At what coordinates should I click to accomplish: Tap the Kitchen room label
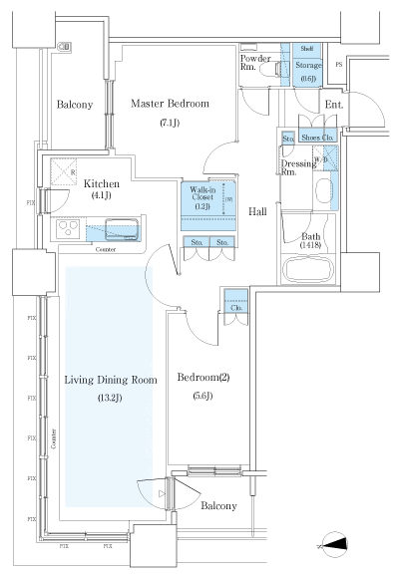[102, 183]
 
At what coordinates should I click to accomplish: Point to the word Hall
[257, 211]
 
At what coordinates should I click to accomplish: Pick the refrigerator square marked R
[64, 170]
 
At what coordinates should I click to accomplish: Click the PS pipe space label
[339, 65]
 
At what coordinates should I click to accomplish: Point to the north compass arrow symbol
[337, 543]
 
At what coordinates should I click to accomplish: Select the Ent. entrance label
[333, 104]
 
